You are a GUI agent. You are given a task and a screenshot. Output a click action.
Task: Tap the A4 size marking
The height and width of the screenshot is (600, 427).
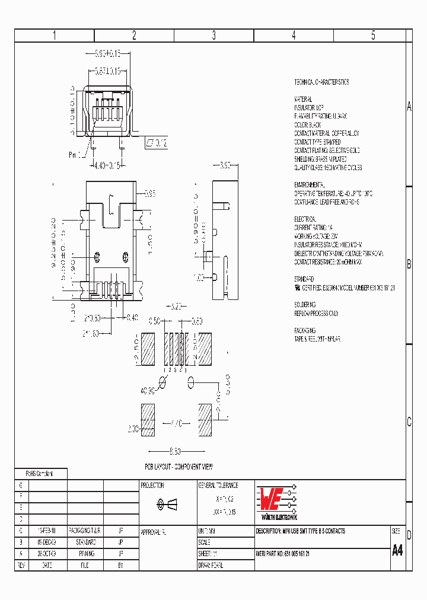tap(397, 550)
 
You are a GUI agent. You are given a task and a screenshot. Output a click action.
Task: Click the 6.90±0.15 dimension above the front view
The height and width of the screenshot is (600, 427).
tap(108, 53)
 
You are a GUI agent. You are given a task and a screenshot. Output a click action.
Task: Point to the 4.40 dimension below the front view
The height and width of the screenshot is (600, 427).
tap(107, 166)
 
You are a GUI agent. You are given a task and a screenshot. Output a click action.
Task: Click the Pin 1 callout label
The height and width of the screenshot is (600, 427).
tap(76, 154)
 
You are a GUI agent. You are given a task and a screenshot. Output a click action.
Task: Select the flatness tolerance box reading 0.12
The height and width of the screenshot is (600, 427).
tap(157, 143)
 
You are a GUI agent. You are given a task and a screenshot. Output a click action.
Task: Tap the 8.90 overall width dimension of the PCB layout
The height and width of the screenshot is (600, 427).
tap(176, 449)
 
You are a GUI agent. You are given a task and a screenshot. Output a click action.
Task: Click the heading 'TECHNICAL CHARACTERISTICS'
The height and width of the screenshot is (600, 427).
tap(322, 82)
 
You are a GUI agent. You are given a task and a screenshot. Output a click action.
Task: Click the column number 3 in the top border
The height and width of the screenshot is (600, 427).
tap(213, 36)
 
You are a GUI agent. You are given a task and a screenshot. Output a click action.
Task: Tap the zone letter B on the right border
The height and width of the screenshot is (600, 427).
tap(409, 265)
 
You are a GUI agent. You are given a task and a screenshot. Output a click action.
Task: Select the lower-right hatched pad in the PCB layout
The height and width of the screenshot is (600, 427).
tap(204, 420)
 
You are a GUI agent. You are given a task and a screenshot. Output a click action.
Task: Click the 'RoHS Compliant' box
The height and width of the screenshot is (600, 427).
tap(40, 474)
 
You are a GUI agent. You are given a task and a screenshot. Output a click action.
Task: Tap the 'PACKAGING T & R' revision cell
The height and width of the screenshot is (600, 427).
tap(85, 531)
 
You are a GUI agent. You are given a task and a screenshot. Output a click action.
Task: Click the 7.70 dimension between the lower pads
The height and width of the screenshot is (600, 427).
tap(176, 425)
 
